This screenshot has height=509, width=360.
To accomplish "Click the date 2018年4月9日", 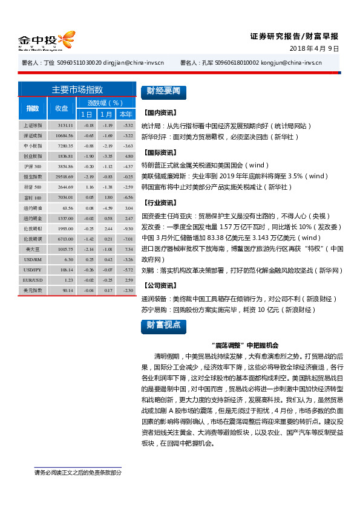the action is click(x=315, y=48).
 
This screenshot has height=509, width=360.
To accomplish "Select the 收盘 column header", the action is click(x=62, y=108).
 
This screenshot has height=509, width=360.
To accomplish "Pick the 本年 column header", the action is click(x=126, y=114).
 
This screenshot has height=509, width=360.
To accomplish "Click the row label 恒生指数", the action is click(x=33, y=176).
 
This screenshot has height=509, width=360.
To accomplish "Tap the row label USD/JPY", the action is click(x=33, y=270).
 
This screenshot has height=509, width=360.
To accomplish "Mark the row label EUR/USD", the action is click(x=33, y=280).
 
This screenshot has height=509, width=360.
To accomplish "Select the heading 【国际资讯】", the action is click(x=159, y=153).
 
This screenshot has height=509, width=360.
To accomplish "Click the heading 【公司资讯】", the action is click(x=159, y=285).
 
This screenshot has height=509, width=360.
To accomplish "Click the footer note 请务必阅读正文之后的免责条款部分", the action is click(x=77, y=473).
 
